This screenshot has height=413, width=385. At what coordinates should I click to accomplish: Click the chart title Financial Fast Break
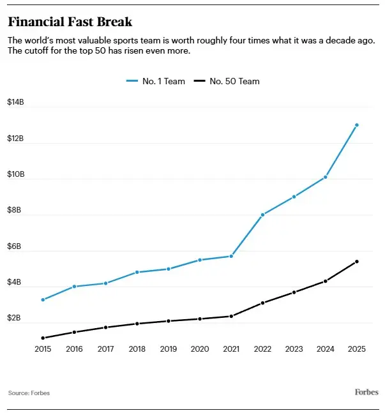(70, 22)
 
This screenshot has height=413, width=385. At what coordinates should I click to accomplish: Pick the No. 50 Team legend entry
(227, 81)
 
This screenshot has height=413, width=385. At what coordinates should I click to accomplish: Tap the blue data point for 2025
(357, 125)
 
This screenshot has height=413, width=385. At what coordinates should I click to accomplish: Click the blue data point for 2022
(263, 214)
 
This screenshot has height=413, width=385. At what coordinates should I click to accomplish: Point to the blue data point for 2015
(43, 299)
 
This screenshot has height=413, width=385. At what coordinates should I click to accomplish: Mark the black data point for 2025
(357, 261)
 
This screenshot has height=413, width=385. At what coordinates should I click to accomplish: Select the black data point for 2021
(231, 316)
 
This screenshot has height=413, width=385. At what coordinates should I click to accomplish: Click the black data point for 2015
(43, 338)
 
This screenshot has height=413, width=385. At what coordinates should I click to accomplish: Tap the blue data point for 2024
(326, 177)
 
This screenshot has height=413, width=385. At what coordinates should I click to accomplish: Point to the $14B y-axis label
(16, 102)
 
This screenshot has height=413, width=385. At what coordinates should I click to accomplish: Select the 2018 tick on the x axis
(137, 349)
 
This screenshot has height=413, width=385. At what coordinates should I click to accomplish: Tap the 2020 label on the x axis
(200, 349)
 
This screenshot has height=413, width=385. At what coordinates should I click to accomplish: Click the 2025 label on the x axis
(357, 349)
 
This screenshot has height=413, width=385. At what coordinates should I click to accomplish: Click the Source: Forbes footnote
(29, 393)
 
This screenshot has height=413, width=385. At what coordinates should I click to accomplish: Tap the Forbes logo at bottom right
(366, 392)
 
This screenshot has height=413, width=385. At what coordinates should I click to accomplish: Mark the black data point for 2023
(294, 292)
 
